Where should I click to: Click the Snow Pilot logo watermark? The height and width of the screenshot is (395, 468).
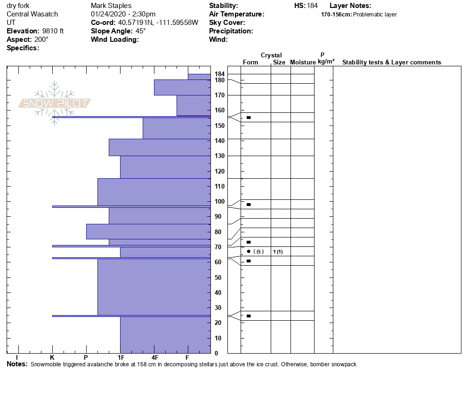pos(55,103)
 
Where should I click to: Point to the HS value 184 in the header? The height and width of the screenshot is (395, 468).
pos(312,6)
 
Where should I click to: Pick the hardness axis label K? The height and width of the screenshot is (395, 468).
pos(52,358)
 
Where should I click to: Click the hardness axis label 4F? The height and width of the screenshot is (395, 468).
pos(154,358)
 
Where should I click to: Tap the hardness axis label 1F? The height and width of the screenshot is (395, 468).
pos(121,358)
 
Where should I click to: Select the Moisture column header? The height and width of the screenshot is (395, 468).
pos(303,62)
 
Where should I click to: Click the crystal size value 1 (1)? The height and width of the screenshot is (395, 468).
pos(278,252)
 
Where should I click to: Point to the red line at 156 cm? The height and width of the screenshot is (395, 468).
pos(194,116)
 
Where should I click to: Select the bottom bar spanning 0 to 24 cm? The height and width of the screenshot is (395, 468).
pos(165,335)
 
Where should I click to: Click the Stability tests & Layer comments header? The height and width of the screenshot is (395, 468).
pos(391,62)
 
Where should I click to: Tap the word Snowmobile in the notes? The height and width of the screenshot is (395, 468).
pos(46,364)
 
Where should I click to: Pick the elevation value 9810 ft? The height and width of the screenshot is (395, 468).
pos(53,31)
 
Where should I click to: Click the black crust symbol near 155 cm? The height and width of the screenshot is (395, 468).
pos(249,118)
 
